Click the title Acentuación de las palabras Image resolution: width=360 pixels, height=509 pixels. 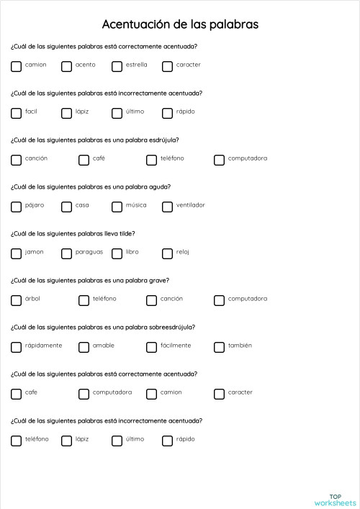(180, 24)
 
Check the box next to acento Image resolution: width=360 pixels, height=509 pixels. (66, 66)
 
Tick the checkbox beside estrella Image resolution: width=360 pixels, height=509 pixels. (117, 66)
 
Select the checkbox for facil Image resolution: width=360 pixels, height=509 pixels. (16, 113)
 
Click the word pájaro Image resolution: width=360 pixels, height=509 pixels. (35, 205)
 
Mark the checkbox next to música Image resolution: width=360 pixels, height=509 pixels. (117, 207)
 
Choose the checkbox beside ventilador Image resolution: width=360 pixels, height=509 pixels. (167, 207)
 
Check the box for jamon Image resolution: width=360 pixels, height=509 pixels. (16, 253)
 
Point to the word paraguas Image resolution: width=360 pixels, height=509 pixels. (89, 252)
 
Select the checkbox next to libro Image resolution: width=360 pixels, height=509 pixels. (117, 253)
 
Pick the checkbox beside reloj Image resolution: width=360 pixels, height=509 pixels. (167, 253)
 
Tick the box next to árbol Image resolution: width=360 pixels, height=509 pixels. (16, 300)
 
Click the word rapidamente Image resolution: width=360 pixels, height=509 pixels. (43, 346)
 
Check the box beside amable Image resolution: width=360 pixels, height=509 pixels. (84, 347)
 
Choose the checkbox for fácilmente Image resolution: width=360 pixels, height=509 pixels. (151, 347)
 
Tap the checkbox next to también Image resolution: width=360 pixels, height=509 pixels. (219, 347)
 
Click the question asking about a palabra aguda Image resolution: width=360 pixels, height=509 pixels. (91, 186)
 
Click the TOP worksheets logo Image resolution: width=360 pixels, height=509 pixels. (336, 500)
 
